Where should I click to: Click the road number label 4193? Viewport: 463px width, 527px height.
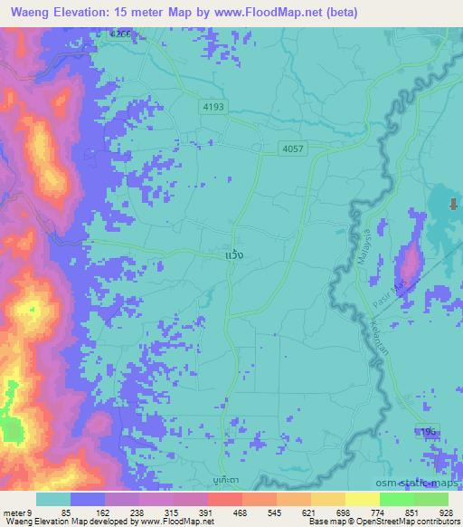click(213, 107)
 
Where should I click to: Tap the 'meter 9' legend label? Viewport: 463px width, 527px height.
click(16, 511)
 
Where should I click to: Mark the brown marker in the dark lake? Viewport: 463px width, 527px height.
click(451, 204)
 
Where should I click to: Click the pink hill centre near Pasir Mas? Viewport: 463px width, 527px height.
click(410, 262)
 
